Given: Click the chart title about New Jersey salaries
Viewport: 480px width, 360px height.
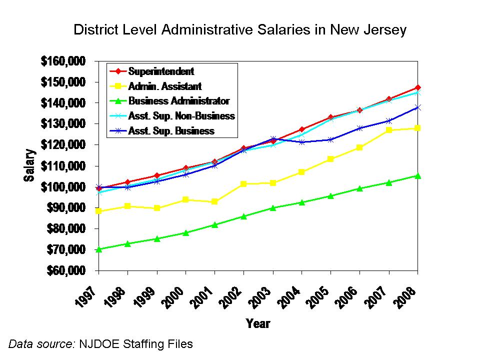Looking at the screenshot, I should (x=240, y=29).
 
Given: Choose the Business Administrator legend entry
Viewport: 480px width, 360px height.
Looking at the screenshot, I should (x=179, y=101).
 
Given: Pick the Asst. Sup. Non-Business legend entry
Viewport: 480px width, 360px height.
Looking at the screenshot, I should (x=181, y=116).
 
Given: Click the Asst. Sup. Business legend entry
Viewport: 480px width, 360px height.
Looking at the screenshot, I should (x=171, y=131).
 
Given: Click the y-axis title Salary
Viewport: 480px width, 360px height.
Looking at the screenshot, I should (x=30, y=165).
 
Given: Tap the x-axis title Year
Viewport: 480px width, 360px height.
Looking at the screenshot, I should (x=258, y=323).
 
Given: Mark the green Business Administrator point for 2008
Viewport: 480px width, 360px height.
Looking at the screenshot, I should (x=417, y=175).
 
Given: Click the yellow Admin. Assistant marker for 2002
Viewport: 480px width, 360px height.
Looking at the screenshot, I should (x=243, y=184).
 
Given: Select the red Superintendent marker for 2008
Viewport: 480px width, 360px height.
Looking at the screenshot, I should (x=417, y=87).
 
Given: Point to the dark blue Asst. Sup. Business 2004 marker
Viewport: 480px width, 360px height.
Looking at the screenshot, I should (x=301, y=142).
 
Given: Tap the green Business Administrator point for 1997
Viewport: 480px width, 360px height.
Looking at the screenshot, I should (x=99, y=249).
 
